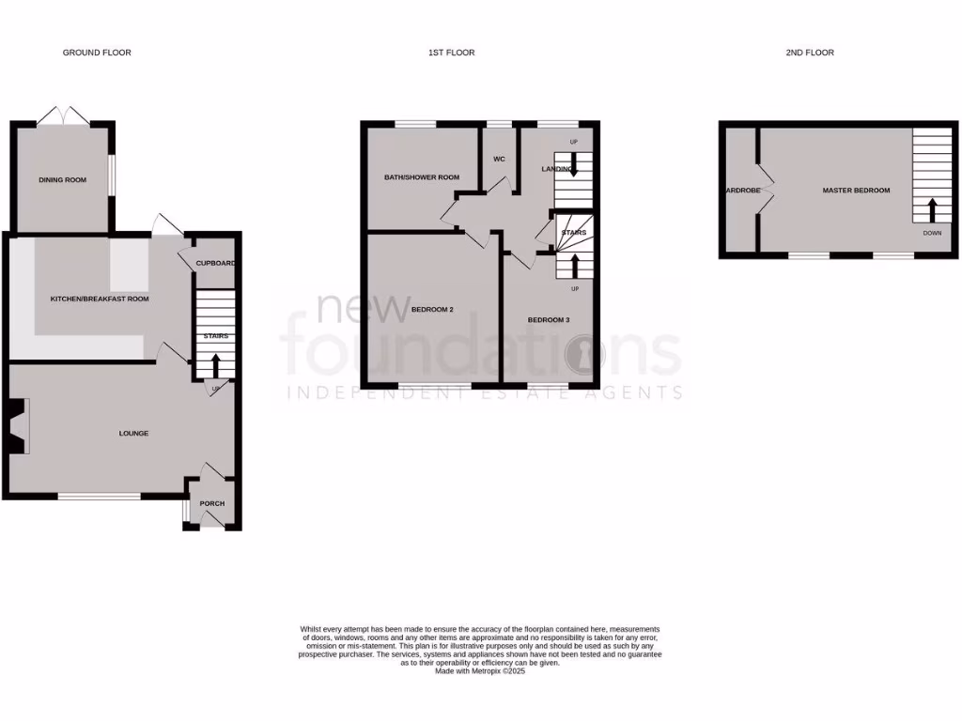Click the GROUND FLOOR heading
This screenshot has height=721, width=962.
click(97, 53)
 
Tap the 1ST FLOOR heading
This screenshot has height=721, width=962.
click(451, 53)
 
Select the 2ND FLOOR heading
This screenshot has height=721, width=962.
click(810, 53)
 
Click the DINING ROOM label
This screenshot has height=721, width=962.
click(62, 179)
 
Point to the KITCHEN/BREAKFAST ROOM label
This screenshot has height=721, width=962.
click(100, 299)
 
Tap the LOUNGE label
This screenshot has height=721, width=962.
click(133, 433)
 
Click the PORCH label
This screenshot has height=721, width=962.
click(212, 503)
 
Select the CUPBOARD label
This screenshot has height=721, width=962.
click(215, 263)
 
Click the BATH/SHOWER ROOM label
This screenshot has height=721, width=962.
click(422, 176)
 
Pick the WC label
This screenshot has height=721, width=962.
click(500, 159)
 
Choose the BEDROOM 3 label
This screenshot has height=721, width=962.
click(549, 320)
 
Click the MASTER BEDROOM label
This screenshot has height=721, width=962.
click(856, 191)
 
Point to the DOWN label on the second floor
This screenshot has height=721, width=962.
click(932, 233)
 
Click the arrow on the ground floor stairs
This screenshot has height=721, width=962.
click(215, 363)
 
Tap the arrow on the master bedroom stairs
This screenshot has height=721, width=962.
click(932, 208)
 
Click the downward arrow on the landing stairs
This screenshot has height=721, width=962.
click(574, 166)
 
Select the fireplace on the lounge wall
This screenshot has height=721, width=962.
click(19, 426)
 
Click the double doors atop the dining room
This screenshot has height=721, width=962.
click(63, 115)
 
